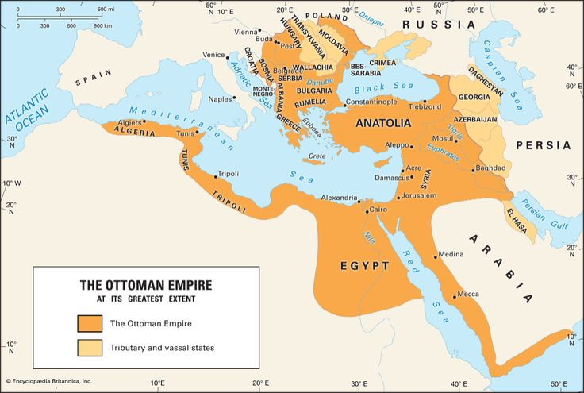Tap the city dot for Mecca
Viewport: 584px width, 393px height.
click(x=455, y=297)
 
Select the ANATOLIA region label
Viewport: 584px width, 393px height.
click(x=383, y=123)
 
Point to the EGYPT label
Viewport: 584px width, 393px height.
click(x=364, y=266)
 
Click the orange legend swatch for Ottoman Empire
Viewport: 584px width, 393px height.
click(x=90, y=323)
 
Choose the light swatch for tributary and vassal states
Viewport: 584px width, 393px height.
click(x=90, y=347)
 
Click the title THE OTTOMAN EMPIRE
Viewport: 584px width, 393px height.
click(x=146, y=284)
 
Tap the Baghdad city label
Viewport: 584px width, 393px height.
click(x=490, y=168)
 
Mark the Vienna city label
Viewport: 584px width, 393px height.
click(x=247, y=32)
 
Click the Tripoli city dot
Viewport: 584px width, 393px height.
click(x=215, y=177)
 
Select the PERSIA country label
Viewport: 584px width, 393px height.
click(x=543, y=145)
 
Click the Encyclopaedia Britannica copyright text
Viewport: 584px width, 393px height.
click(x=49, y=381)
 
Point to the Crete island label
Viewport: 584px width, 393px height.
click(x=318, y=156)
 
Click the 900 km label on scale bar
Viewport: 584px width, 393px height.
click(x=102, y=25)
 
